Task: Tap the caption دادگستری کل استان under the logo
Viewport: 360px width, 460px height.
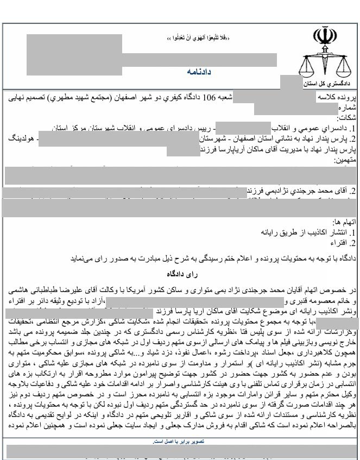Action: (329, 85)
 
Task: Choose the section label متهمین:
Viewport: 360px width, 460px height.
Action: (345, 161)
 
